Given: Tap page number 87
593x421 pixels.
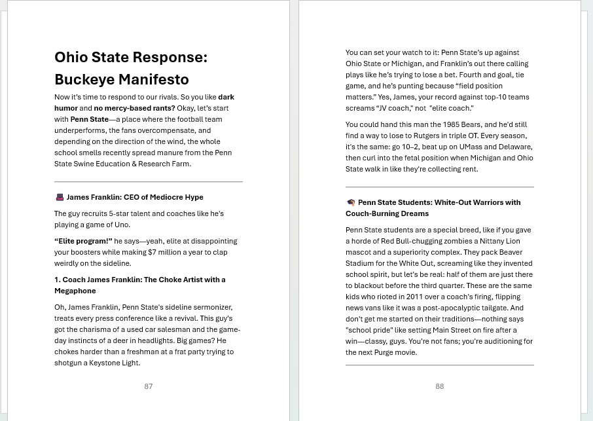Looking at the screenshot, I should coord(148,386).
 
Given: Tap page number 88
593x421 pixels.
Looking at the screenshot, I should coord(440,386).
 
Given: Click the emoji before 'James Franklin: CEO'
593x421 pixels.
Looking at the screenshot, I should coord(60,197).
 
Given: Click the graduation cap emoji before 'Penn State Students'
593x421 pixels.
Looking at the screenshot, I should coord(351,203).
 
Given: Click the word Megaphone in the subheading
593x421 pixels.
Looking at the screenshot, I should coord(75,291).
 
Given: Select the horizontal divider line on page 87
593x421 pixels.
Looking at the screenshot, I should coord(149,181).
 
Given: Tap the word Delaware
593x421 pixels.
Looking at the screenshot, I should coord(515,147).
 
